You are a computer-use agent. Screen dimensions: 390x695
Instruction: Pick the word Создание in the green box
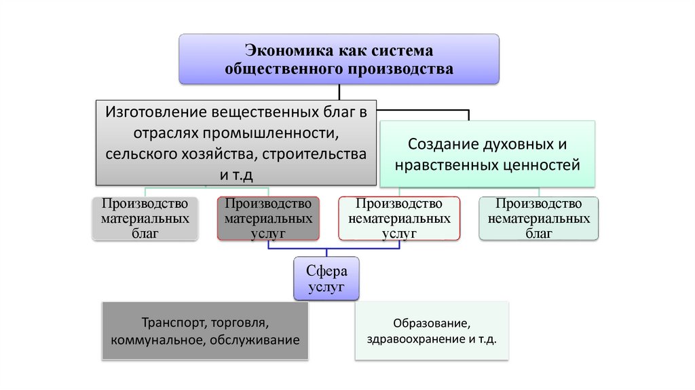click(438, 144)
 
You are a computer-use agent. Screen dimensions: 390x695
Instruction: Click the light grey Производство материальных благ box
click(145, 219)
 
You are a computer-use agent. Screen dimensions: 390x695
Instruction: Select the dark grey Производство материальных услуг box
click(268, 219)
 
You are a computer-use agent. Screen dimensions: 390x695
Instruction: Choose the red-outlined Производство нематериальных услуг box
click(399, 219)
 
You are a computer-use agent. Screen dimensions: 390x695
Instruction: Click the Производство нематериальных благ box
click(538, 219)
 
